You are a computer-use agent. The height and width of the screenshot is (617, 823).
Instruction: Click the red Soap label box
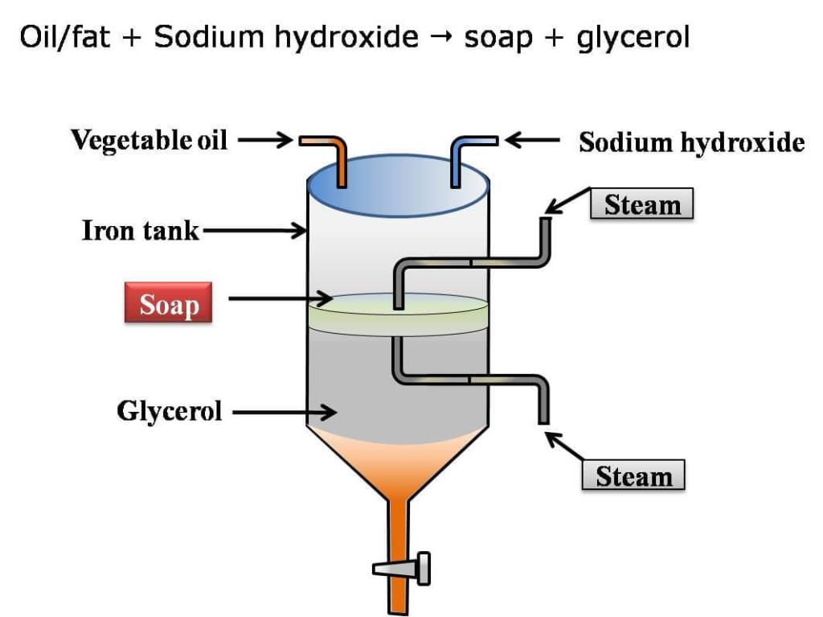click(168, 302)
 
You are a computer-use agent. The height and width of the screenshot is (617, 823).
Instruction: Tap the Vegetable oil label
click(149, 140)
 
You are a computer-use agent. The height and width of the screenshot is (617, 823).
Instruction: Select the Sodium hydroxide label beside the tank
click(691, 142)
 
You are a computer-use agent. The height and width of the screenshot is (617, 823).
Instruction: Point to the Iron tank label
click(141, 232)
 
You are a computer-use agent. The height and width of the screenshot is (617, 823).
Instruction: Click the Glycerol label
click(170, 412)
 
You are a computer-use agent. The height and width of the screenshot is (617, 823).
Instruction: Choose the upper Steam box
click(641, 204)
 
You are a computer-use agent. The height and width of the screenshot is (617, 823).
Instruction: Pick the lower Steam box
click(633, 476)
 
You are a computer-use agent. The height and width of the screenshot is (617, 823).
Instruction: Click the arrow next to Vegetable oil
click(264, 141)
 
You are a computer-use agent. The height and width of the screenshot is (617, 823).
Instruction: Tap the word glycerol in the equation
click(633, 37)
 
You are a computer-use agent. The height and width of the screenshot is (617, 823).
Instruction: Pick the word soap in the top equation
click(497, 37)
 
